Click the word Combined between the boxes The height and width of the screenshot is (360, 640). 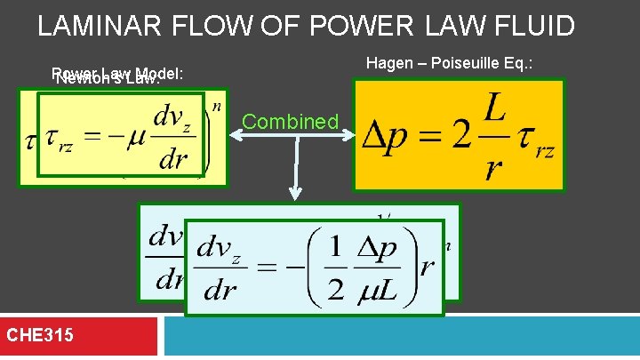[291, 122]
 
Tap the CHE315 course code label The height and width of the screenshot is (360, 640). [40, 335]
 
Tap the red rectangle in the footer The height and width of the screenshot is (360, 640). [79, 336]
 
